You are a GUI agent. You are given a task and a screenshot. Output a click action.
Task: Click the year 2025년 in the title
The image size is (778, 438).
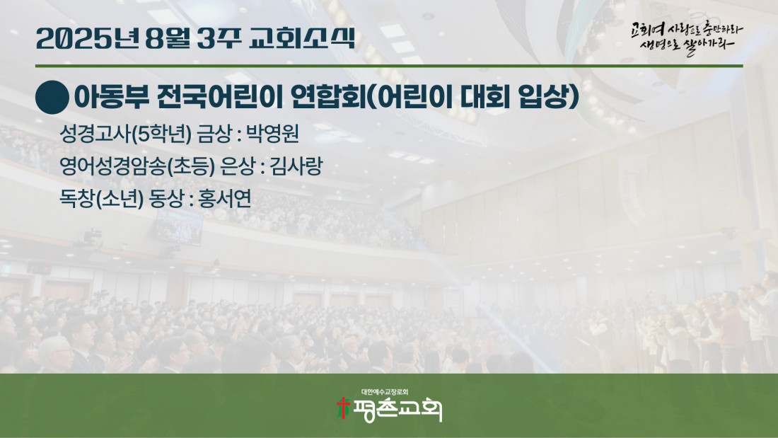tap(87, 38)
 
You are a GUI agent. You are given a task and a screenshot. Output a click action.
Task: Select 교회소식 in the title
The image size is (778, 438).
tap(302, 38)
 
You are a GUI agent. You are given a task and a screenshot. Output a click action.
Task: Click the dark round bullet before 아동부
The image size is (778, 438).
tap(52, 98)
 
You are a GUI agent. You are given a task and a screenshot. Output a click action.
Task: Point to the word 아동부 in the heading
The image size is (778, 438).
tap(112, 97)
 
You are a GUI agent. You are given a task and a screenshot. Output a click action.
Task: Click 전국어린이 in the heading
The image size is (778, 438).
tap(220, 97)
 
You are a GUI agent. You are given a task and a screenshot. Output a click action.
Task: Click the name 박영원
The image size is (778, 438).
tap(272, 133)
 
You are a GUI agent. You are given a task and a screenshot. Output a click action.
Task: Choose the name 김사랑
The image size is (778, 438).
tap(296, 166)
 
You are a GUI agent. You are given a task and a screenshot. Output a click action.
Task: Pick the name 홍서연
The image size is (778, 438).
tap(224, 199)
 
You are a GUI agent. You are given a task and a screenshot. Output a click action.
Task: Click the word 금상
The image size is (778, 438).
tap(214, 133)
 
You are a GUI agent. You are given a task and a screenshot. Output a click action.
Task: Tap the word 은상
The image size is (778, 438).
tap(238, 166)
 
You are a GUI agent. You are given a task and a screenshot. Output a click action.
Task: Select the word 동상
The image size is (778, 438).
tap(166, 199)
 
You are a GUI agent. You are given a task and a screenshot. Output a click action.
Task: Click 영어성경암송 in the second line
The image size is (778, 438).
tap(112, 166)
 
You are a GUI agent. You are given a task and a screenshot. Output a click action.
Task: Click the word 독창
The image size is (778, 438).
tap(76, 199)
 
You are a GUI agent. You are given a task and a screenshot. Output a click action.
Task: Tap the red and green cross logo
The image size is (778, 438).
tap(343, 408)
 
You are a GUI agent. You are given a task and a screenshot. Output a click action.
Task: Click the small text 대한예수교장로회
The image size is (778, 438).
tap(385, 392)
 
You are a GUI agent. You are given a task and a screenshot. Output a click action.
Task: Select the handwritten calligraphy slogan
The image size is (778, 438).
tap(687, 38)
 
